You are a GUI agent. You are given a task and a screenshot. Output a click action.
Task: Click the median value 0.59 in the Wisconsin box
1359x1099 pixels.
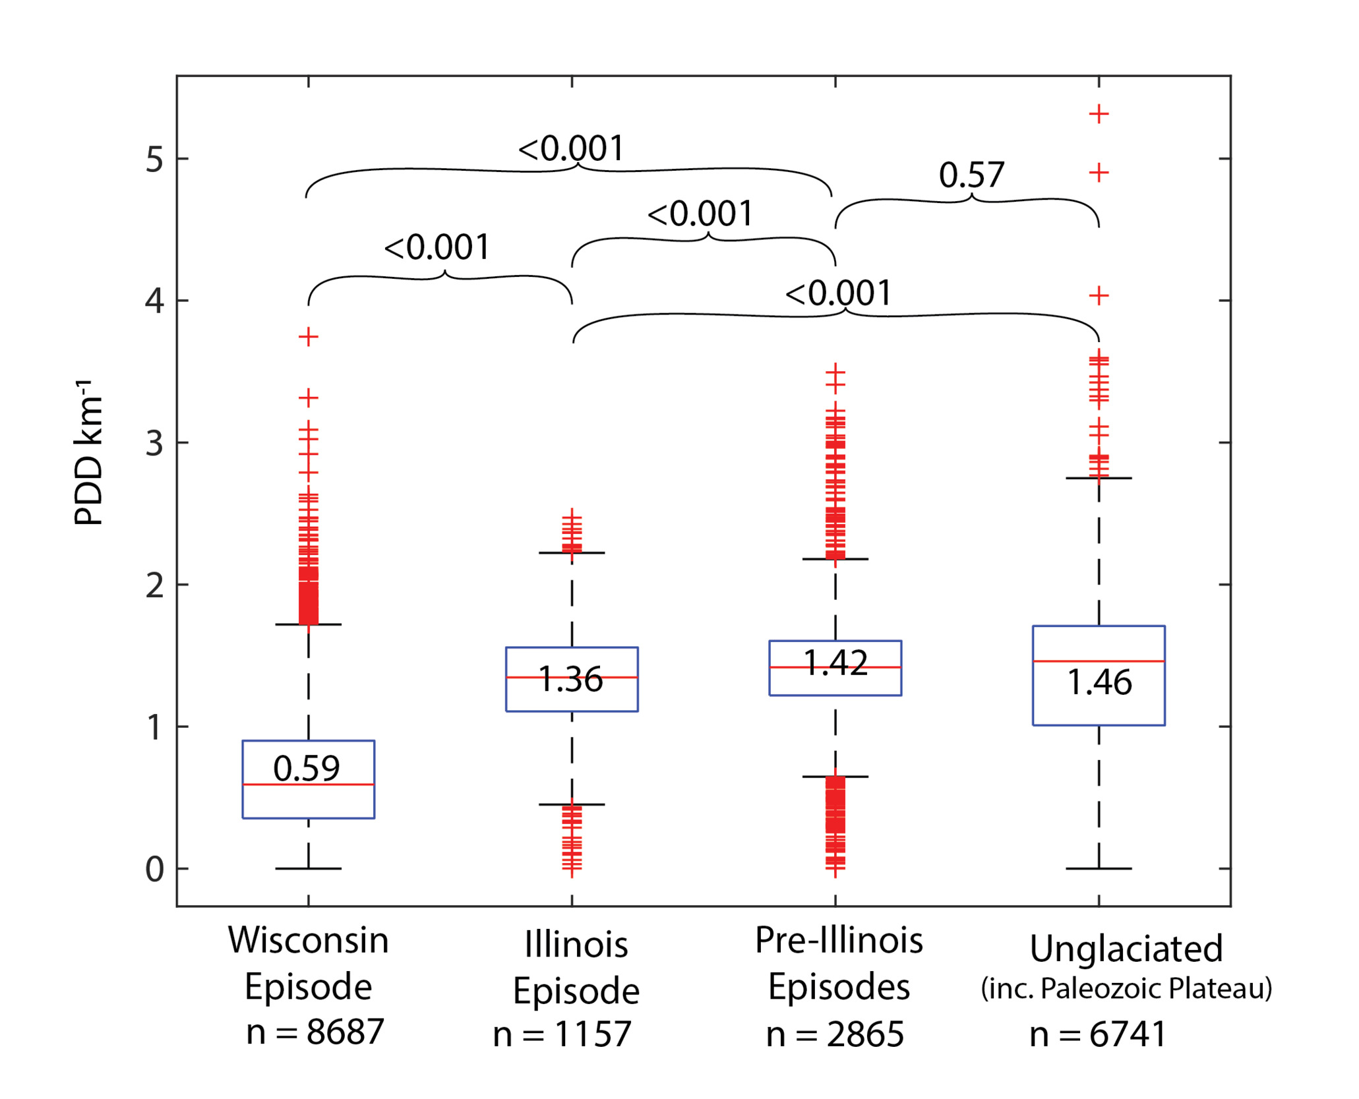307,768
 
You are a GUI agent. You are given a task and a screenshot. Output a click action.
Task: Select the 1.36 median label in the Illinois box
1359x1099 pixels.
570,679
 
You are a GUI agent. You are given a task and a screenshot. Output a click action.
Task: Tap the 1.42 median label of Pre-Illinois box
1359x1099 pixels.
835,663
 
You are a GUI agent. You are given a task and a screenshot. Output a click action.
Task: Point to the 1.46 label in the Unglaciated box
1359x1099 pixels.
1099,682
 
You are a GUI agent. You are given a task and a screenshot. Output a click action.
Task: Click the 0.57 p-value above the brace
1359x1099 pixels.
971,175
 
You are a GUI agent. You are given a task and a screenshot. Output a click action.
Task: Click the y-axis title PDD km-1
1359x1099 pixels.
89,453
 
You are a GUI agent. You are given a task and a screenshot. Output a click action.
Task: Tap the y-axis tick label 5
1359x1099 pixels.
154,160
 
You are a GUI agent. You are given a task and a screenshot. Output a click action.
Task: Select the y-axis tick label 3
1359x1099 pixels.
154,444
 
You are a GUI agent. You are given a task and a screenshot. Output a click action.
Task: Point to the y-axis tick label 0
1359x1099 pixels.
154,870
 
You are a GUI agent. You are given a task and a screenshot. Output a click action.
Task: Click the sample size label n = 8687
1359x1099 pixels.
315,1032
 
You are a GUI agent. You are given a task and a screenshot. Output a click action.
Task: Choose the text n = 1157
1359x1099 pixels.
562,1034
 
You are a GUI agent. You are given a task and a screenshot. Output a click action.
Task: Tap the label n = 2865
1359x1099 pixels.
835,1034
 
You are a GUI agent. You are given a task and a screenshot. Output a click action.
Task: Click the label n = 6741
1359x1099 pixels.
1099,1034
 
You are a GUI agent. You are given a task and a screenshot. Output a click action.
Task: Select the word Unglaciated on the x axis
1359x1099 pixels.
1126,949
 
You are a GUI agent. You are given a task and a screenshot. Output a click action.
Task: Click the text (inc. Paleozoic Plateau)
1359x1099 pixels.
1126,988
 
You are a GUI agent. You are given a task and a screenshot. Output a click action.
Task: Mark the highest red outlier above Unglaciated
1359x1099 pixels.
1099,114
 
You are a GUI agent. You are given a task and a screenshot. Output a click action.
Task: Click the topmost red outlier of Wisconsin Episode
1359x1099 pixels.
309,338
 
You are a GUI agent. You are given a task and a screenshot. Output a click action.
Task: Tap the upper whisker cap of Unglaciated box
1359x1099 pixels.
1099,478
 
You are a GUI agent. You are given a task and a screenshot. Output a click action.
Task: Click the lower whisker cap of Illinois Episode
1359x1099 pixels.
572,804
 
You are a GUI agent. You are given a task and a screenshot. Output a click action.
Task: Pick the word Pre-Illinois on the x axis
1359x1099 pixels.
839,941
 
